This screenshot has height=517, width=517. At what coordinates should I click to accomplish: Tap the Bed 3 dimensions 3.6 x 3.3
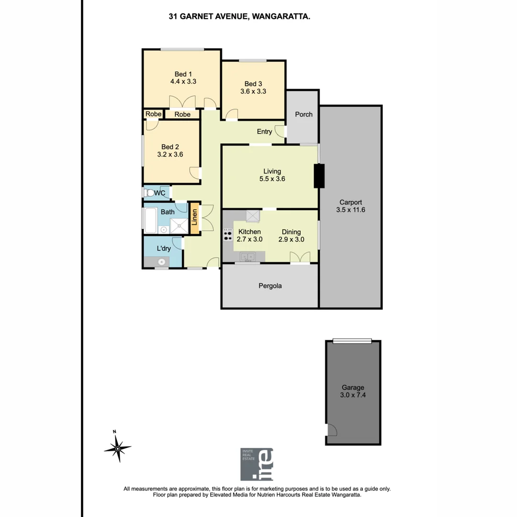click(253, 91)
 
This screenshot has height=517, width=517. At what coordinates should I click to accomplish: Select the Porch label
click(303, 114)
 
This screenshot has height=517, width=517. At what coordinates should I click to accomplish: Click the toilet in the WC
click(149, 193)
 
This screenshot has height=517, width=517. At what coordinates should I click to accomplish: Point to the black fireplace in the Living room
click(319, 176)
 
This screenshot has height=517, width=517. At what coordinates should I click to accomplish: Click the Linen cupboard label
click(194, 218)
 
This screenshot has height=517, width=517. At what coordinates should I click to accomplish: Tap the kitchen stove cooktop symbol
click(228, 236)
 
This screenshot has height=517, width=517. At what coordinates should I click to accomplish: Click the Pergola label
click(270, 286)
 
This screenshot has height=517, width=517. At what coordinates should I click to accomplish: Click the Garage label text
click(353, 387)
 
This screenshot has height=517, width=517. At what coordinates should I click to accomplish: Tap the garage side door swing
click(332, 430)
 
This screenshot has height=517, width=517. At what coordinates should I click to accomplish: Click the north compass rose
click(117, 448)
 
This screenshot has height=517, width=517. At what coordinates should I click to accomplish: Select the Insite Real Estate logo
click(257, 464)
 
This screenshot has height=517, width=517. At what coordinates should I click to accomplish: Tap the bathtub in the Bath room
click(149, 220)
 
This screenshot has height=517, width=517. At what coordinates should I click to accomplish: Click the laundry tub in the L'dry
click(162, 262)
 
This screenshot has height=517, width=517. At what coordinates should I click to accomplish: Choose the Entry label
click(264, 132)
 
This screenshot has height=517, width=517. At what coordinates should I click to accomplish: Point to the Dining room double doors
click(300, 258)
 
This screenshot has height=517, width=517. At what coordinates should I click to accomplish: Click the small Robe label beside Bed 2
click(153, 114)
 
